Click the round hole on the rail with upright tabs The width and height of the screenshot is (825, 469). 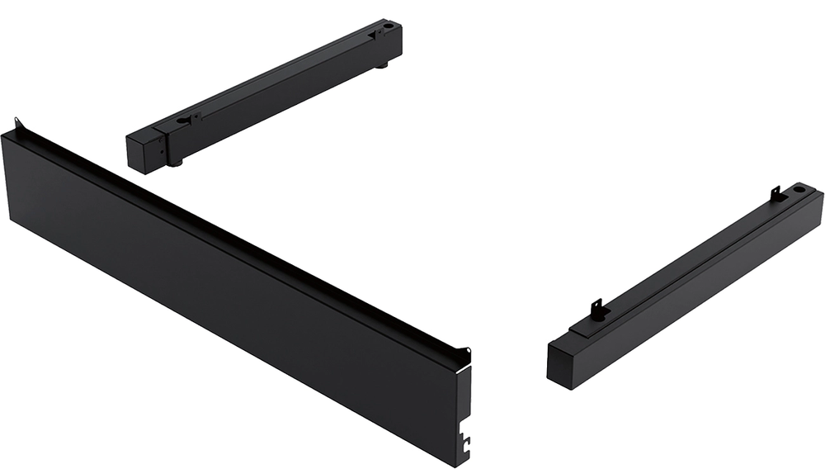pos(799,190)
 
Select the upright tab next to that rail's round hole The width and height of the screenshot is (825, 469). pos(775,193)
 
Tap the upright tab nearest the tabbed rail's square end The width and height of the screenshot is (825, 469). pos(597,309)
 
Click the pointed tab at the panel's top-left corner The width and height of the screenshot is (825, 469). pos(17,125)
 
